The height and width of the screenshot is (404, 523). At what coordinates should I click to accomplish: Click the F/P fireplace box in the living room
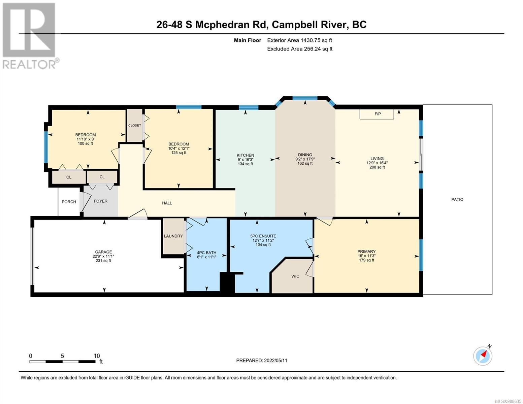(x=377, y=114)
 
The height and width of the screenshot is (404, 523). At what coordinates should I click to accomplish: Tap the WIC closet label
(x=295, y=276)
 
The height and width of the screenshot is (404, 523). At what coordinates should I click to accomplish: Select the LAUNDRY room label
(x=173, y=236)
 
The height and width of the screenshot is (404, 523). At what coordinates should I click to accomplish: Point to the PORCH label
(x=69, y=202)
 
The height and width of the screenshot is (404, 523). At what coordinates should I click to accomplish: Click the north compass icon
(x=483, y=356)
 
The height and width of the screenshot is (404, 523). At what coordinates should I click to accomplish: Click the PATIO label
(x=457, y=199)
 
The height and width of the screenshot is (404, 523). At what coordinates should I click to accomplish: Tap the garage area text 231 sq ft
(x=103, y=261)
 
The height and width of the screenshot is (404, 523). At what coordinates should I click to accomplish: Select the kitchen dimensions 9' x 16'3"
(x=245, y=160)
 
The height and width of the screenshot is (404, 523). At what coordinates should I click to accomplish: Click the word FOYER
(x=101, y=201)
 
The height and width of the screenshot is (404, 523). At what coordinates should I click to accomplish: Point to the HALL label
(x=167, y=203)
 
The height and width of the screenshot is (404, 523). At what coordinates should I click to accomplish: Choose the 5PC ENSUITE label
(x=263, y=236)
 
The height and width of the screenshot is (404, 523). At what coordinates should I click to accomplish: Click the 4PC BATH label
(x=206, y=252)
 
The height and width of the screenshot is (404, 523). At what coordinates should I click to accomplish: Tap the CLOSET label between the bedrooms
(x=135, y=125)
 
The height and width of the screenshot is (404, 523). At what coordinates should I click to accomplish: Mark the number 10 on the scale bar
(x=97, y=356)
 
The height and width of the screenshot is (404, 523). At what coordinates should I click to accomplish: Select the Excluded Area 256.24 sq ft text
(x=300, y=49)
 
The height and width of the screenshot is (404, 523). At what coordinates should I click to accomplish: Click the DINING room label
(x=305, y=155)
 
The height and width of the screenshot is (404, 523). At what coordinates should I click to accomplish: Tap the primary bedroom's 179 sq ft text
(x=366, y=260)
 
